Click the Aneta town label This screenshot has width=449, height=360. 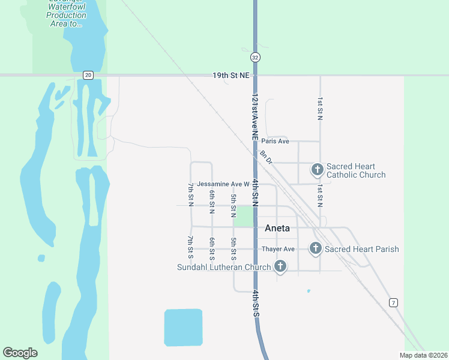pos(277,228)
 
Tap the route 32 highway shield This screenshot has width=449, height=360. pos(256,57)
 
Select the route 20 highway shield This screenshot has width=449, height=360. pos(88,74)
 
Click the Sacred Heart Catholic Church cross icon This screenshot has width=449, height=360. pos(317,170)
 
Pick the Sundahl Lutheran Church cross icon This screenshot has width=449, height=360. pos(280,266)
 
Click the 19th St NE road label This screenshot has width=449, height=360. pos(231,76)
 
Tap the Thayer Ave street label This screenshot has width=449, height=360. pos(278,249)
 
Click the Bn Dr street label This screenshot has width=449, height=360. pos(266,157)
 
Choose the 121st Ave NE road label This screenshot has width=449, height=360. pos(255,117)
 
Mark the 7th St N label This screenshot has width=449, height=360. pos(191,194)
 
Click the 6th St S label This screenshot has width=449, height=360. pos(212,249)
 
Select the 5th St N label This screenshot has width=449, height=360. pos(234,202)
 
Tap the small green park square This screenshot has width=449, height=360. pos(243,217)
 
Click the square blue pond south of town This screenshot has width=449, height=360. pos(183,328)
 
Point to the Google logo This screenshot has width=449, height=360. pos(20,353)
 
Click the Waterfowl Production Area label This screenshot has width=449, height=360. pos(66,15)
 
